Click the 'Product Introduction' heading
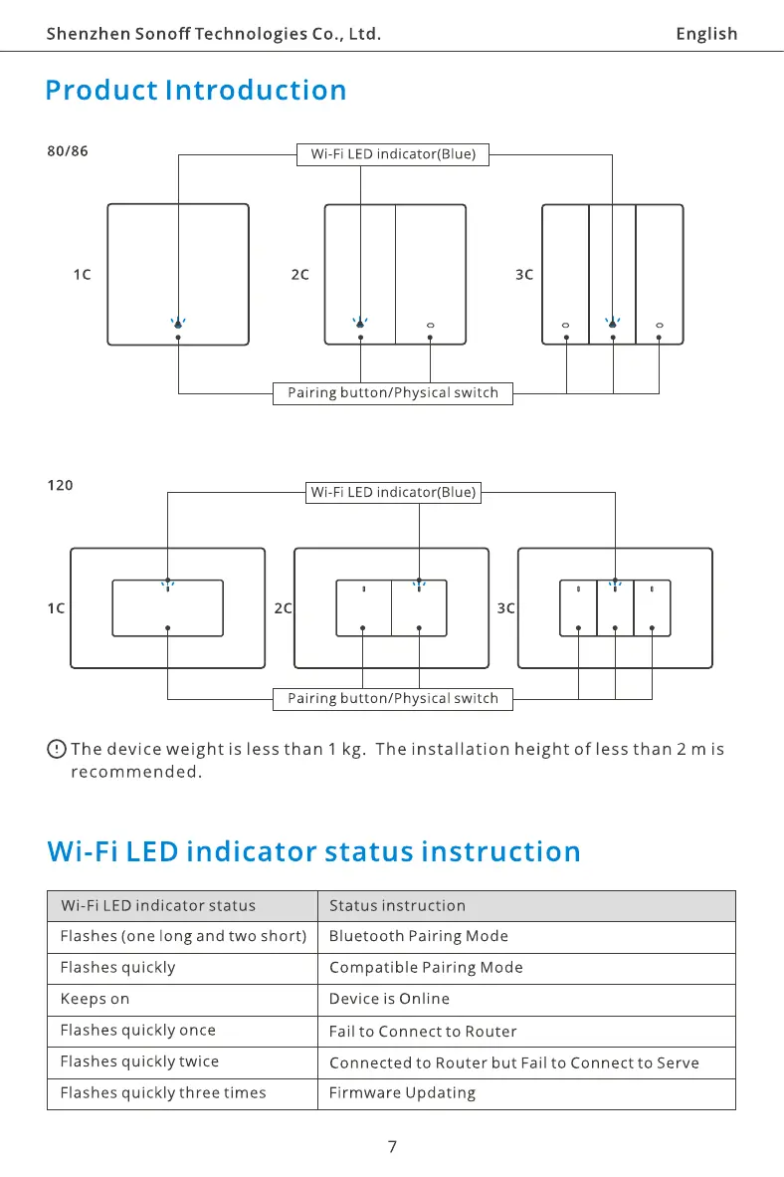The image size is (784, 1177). (x=196, y=91)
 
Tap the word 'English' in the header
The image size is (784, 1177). (x=706, y=34)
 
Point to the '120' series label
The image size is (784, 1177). (x=60, y=486)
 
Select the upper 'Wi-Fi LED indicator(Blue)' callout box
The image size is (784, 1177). (x=393, y=154)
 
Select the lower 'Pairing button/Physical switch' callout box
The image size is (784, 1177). (x=393, y=699)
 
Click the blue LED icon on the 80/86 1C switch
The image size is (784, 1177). (x=178, y=323)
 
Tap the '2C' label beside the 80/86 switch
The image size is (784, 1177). (x=299, y=275)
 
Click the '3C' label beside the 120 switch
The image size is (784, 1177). (x=505, y=608)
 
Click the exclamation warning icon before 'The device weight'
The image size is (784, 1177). (x=57, y=749)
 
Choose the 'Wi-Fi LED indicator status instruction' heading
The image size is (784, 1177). (x=313, y=852)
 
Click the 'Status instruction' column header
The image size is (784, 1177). (x=397, y=906)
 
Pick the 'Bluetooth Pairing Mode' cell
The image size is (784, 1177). (x=418, y=936)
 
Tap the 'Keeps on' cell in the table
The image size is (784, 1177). (x=95, y=999)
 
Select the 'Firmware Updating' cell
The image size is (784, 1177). (x=402, y=1093)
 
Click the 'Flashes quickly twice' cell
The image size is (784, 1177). (x=139, y=1061)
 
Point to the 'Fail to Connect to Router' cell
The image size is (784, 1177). (x=423, y=1032)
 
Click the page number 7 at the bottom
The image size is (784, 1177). (x=392, y=1147)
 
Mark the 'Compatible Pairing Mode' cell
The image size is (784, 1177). (x=426, y=968)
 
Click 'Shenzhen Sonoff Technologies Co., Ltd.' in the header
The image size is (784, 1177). (x=214, y=34)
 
